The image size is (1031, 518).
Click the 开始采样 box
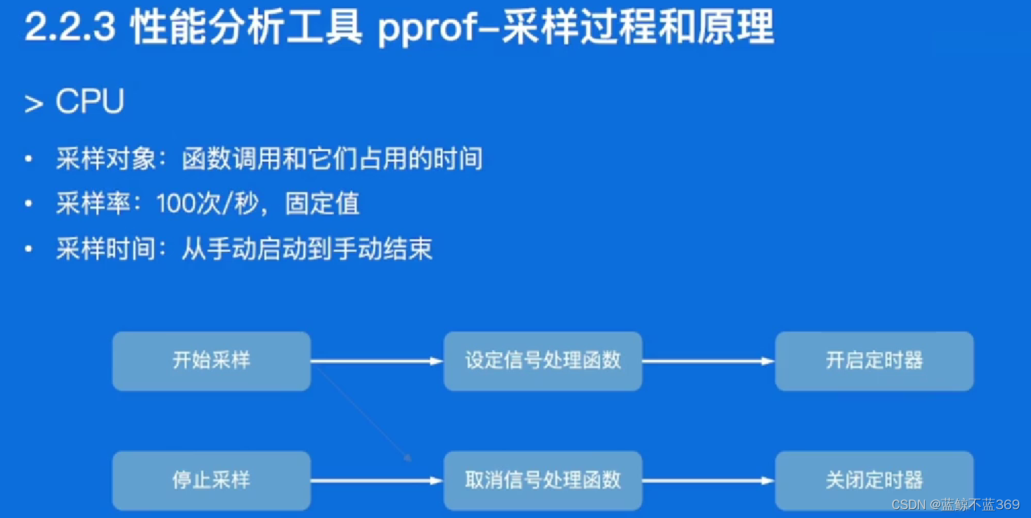211,361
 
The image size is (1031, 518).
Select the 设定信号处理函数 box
543,361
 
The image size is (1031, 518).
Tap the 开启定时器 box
874,361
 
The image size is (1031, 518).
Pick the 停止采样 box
211,480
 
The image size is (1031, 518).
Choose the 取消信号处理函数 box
543,480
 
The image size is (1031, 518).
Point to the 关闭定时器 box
874,480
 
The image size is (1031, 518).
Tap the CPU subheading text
89,102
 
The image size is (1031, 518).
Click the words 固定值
322,204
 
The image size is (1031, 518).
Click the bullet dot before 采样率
29,205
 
